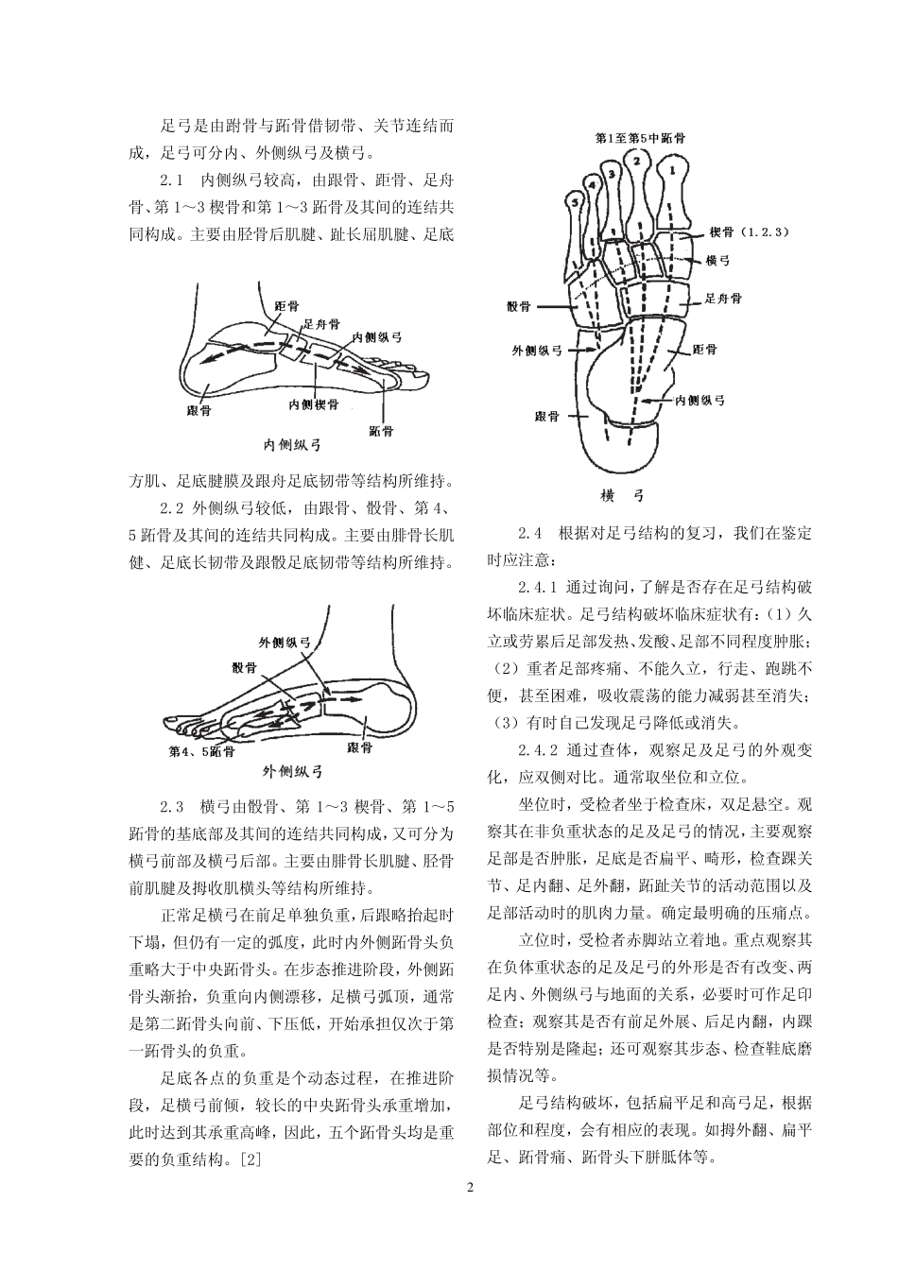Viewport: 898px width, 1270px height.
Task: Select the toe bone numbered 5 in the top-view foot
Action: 574,201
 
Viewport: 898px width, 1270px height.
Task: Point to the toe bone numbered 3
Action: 612,175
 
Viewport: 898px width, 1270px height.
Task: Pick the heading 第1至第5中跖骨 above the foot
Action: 641,137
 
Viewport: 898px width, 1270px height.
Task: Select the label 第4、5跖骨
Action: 201,752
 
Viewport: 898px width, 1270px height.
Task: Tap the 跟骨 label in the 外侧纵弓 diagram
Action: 359,747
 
